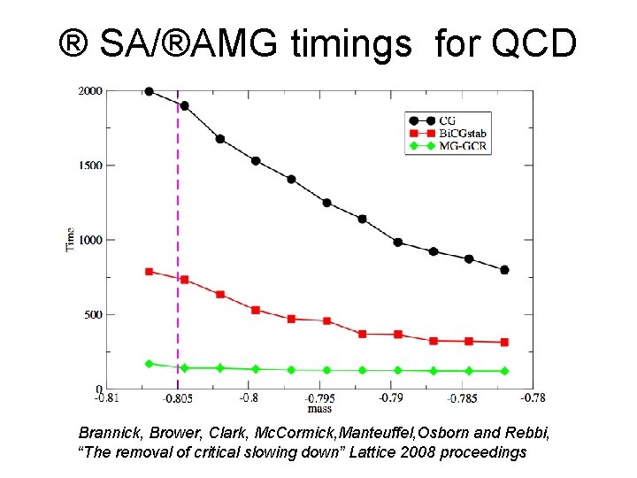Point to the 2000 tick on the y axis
pos(89,90)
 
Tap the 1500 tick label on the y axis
pos(89,166)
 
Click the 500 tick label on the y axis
pos(92,315)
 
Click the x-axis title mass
pos(318,409)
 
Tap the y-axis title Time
pos(70,239)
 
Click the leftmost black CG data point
pos(149,91)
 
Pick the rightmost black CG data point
pos(504,270)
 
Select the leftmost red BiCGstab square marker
pos(149,272)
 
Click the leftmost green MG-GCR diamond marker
pos(149,364)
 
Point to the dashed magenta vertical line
pos(178,221)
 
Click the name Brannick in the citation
pos(110,434)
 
